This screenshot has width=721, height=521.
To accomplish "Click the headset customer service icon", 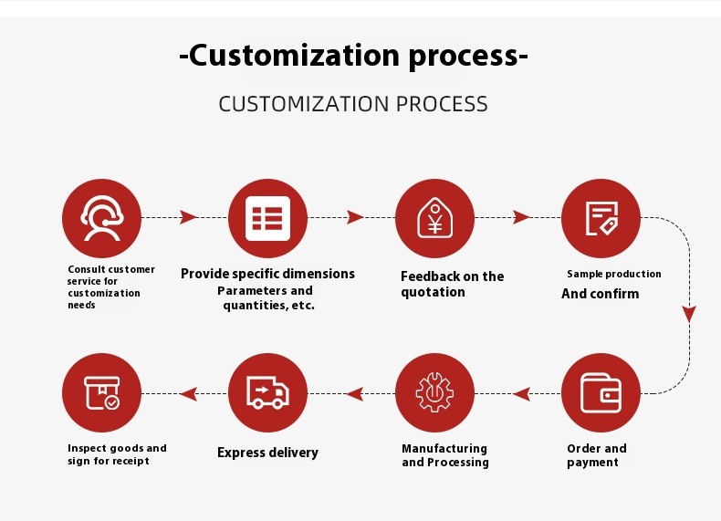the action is (101, 218).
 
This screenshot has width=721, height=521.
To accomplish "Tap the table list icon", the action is (267, 218).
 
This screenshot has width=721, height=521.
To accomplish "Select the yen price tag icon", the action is (434, 218).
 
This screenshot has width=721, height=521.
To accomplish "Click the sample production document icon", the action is (601, 218).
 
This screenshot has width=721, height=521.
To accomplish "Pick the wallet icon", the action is (601, 392).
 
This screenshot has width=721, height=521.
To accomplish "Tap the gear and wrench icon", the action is (434, 392).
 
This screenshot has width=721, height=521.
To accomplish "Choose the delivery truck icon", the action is (267, 392).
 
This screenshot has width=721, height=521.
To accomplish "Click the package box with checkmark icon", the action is (101, 392).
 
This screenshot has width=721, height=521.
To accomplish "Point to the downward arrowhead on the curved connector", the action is (689, 314).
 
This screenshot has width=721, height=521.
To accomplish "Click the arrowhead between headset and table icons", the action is (188, 217).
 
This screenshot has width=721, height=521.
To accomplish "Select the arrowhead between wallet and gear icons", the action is (521, 393).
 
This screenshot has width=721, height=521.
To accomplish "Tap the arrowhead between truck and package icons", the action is (189, 393).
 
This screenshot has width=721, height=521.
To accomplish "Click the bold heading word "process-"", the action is (468, 56).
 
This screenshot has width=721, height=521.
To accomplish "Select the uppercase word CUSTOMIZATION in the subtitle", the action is (304, 104).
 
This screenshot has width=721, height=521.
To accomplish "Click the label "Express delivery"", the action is (267, 453).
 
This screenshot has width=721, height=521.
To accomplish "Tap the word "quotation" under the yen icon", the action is (433, 292).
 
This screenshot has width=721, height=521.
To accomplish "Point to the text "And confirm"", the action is (600, 294).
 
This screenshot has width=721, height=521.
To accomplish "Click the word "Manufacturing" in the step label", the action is (444, 448).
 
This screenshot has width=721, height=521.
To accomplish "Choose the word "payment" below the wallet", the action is (592, 463).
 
